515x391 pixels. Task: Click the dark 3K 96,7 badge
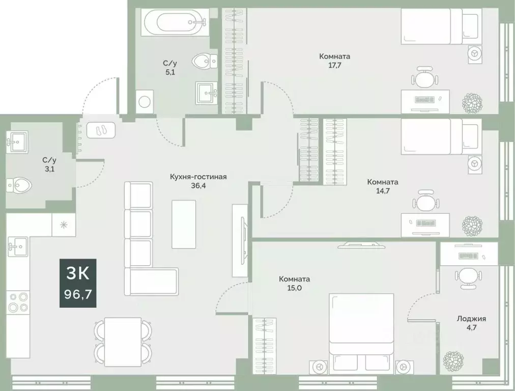78,283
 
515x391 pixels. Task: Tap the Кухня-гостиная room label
198,177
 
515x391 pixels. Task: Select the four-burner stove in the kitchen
18,302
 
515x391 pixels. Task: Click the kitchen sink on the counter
18,247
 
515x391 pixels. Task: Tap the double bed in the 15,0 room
361,331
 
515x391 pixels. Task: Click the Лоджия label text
471,319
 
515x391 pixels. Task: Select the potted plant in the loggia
452,361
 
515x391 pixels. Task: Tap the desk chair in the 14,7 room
425,202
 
